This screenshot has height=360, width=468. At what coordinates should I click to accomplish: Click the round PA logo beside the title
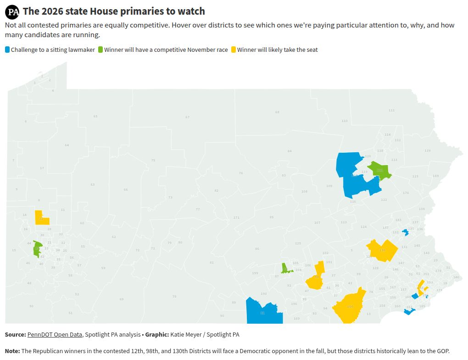pyautogui.click(x=13, y=12)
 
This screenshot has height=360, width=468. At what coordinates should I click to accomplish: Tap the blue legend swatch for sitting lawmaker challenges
pyautogui.click(x=7, y=50)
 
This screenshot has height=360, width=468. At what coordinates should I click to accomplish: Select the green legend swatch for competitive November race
pyautogui.click(x=100, y=50)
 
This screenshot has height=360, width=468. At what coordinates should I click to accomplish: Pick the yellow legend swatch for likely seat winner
pyautogui.click(x=234, y=50)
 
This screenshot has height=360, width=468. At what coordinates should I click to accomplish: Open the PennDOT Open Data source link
pyautogui.click(x=55, y=335)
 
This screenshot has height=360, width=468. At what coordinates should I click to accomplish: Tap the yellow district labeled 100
pyautogui.click(x=350, y=306)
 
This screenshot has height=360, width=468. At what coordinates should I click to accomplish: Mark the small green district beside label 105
pyautogui.click(x=285, y=269)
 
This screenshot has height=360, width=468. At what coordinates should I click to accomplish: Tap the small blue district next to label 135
pyautogui.click(x=405, y=233)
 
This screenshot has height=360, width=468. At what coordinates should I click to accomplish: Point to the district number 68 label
pyautogui.click(x=277, y=112)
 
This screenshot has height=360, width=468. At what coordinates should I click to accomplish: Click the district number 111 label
pyautogui.click(x=391, y=111)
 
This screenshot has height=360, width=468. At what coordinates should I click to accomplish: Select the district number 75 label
pyautogui.click(x=153, y=160)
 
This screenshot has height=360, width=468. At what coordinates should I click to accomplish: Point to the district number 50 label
pyautogui.click(x=31, y=306)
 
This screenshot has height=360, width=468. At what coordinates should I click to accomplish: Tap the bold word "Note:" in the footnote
pyautogui.click(x=12, y=351)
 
